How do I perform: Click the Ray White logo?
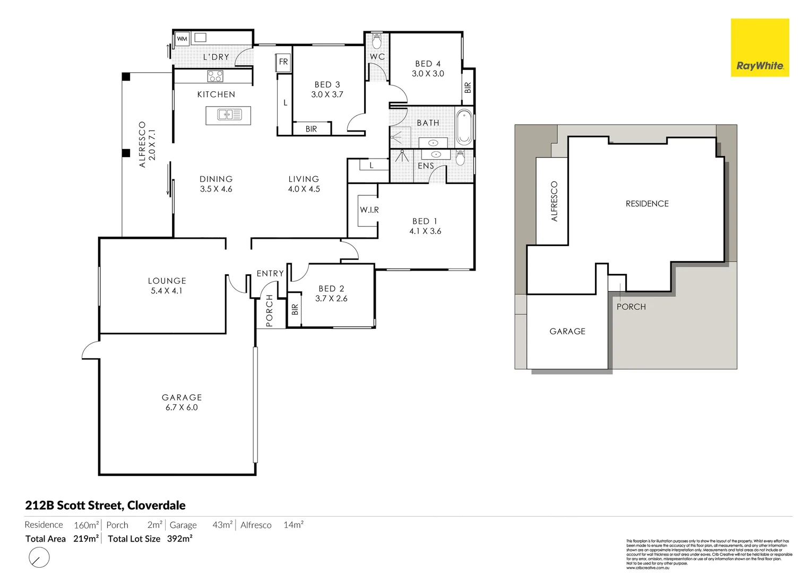(760, 48)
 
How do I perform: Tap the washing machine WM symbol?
(182, 39)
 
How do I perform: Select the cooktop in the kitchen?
(215, 76)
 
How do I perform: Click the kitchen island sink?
(228, 115)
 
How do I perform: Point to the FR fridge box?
(283, 62)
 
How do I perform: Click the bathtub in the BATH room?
(464, 127)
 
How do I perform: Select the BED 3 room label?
(327, 84)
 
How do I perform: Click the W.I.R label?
(369, 210)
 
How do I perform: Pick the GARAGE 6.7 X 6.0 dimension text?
(182, 407)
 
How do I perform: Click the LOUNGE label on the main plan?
(167, 281)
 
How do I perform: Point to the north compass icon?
(39, 558)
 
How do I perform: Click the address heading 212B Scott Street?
(105, 505)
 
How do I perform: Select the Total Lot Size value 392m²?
(179, 539)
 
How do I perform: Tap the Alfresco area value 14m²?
(293, 525)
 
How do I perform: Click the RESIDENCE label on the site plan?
(647, 204)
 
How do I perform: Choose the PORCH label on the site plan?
(631, 307)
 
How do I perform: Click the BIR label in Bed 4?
(468, 88)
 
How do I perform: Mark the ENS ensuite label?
(426, 166)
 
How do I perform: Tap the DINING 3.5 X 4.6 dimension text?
(216, 189)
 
